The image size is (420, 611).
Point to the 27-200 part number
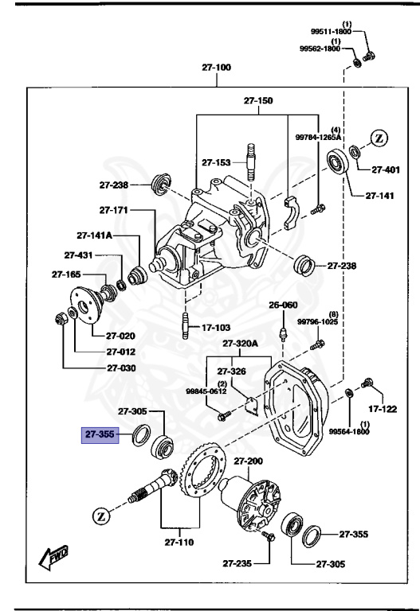click(x=248, y=461)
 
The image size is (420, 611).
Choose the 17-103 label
click(x=216, y=327)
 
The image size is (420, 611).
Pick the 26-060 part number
click(x=282, y=305)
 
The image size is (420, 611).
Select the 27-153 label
click(x=215, y=162)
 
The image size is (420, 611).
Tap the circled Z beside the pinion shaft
click(x=101, y=515)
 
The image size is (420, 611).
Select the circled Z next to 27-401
click(x=379, y=138)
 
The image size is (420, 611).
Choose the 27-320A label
click(x=240, y=344)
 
